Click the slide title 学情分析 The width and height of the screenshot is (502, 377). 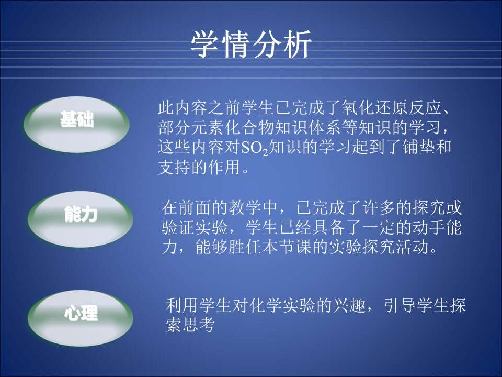251,44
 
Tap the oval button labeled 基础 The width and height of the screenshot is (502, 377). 77,124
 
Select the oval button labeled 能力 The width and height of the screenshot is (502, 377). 80,219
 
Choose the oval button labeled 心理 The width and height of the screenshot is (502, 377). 80,318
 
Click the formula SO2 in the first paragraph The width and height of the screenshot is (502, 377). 254,148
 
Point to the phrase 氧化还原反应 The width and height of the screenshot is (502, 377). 392,108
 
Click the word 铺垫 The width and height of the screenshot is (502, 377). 418,147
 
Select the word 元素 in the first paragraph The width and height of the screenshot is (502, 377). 208,128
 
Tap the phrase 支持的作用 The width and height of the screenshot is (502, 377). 199,167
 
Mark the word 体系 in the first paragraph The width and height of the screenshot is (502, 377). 325,128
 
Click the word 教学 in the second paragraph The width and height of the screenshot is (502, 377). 245,207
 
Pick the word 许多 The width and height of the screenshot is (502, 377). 379,207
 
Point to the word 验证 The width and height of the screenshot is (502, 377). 178,227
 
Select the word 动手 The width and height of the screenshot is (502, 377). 429,227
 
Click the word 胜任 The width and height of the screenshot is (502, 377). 245,247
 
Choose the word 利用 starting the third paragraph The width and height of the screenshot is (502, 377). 182,305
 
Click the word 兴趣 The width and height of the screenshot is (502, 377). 349,305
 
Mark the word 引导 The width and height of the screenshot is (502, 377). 400,305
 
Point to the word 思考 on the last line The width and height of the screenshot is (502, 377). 199,325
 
